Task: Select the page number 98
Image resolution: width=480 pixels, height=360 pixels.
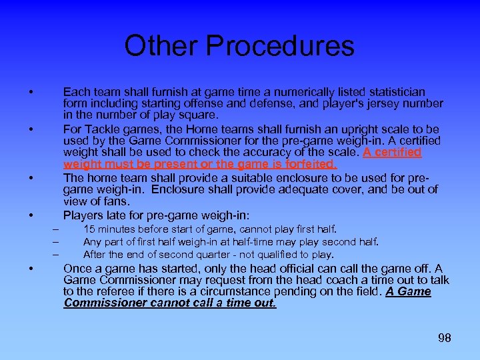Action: click(x=444, y=339)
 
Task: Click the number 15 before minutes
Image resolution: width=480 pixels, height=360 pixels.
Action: click(x=89, y=229)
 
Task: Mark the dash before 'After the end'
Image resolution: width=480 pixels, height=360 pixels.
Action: click(x=56, y=254)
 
